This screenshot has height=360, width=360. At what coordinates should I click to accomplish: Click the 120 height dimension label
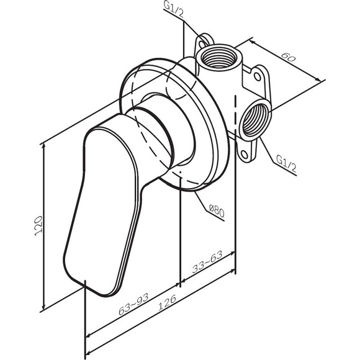click(38, 226)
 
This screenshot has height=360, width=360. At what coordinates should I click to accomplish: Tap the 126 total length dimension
click(167, 302)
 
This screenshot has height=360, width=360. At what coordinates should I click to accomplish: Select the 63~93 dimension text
click(133, 304)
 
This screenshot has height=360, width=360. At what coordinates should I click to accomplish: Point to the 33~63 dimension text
click(207, 262)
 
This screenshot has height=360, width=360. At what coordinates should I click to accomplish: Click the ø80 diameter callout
click(217, 210)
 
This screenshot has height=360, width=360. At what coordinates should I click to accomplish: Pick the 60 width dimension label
click(288, 57)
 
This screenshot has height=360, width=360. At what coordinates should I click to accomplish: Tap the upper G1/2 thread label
click(174, 9)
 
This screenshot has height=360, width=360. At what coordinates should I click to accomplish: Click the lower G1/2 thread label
click(286, 163)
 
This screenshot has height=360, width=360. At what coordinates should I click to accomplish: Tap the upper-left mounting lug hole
click(202, 43)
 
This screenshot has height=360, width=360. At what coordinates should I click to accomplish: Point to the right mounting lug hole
click(258, 76)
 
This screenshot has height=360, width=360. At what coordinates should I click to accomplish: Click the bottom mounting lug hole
click(245, 154)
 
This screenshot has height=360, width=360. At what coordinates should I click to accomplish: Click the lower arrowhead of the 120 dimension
click(43, 306)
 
